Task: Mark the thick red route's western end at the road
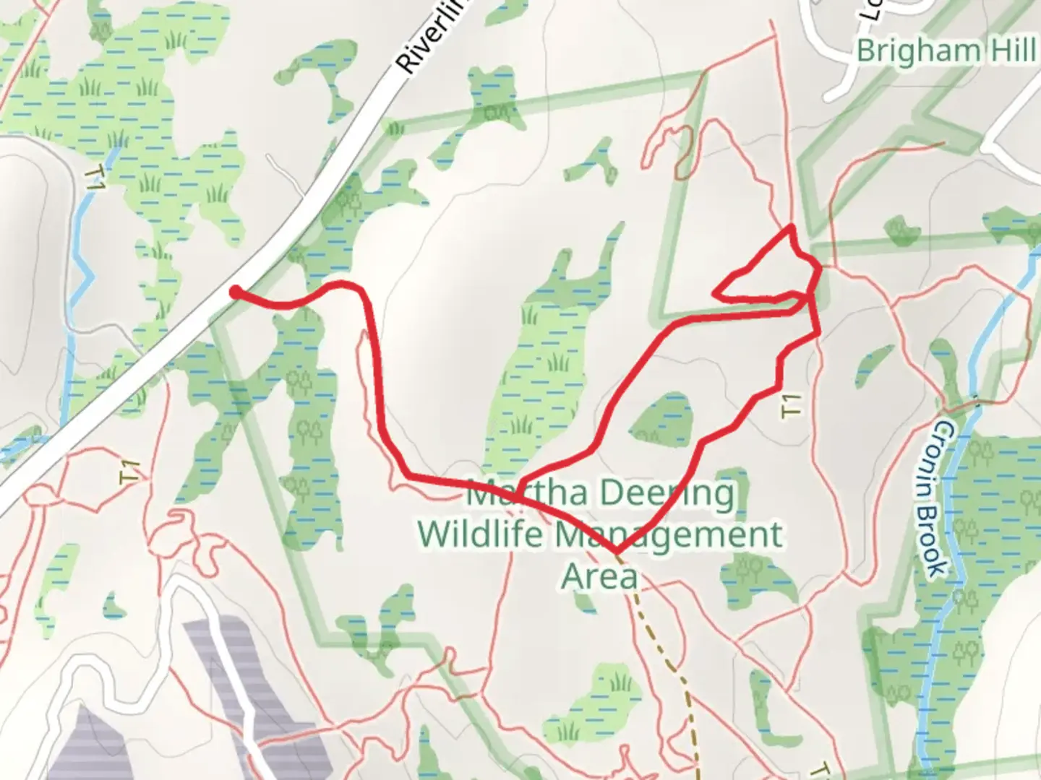[235, 292]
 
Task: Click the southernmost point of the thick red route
[616, 552]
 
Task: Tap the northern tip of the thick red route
[792, 228]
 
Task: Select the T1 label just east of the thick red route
[792, 404]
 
